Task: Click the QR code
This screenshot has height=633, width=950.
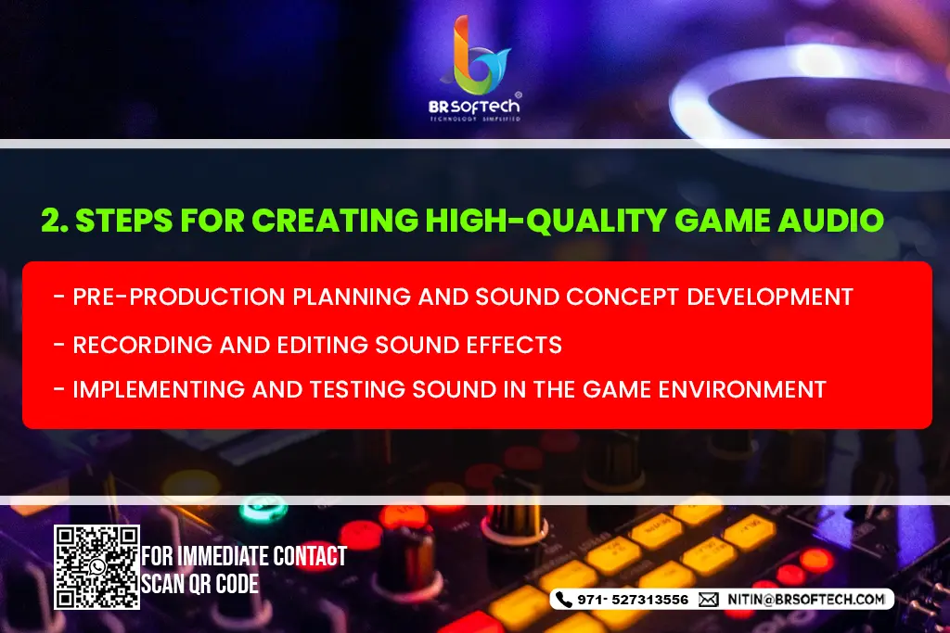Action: click(x=96, y=567)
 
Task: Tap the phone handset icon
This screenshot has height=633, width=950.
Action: click(x=563, y=600)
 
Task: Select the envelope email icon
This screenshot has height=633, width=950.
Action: click(x=708, y=600)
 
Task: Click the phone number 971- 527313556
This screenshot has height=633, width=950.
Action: click(x=633, y=600)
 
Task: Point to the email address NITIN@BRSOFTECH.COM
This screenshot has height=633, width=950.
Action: click(x=806, y=600)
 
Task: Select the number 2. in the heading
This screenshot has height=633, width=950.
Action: click(x=55, y=220)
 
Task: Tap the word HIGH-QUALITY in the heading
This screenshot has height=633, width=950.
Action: click(x=546, y=221)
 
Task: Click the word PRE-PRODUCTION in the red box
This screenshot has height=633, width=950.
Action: click(x=179, y=298)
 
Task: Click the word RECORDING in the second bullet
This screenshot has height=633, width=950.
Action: click(x=142, y=345)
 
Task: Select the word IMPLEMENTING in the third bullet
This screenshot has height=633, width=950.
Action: click(x=159, y=389)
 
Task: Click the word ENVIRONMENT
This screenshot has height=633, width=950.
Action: click(x=742, y=389)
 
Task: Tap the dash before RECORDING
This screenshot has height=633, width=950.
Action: click(x=59, y=345)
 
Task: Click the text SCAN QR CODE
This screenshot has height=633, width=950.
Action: click(x=200, y=584)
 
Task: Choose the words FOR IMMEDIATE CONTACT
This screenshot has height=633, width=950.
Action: click(x=244, y=555)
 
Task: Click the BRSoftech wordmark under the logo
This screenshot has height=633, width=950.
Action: click(x=474, y=107)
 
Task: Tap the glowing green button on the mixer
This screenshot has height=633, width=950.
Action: click(x=263, y=508)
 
